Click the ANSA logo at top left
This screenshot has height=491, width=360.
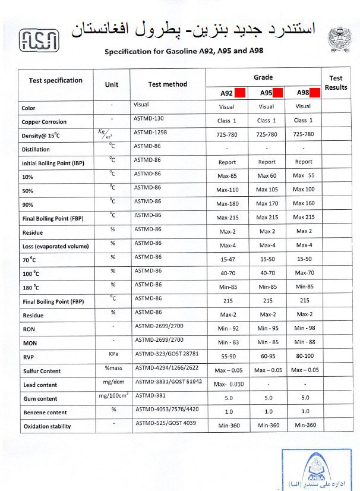pos(39,39)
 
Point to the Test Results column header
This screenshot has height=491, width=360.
pos(336,83)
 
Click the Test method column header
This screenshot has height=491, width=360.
pos(168,84)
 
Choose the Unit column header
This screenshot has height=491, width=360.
pos(112,84)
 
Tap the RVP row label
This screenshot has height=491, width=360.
pos(28,357)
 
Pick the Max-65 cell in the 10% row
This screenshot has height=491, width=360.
pos(227,176)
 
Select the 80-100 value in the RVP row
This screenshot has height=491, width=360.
pos(304,356)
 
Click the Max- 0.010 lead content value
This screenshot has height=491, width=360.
pos(229,385)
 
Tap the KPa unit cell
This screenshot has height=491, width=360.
pos(112,354)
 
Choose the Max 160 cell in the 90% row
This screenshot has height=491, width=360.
pos(304,203)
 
